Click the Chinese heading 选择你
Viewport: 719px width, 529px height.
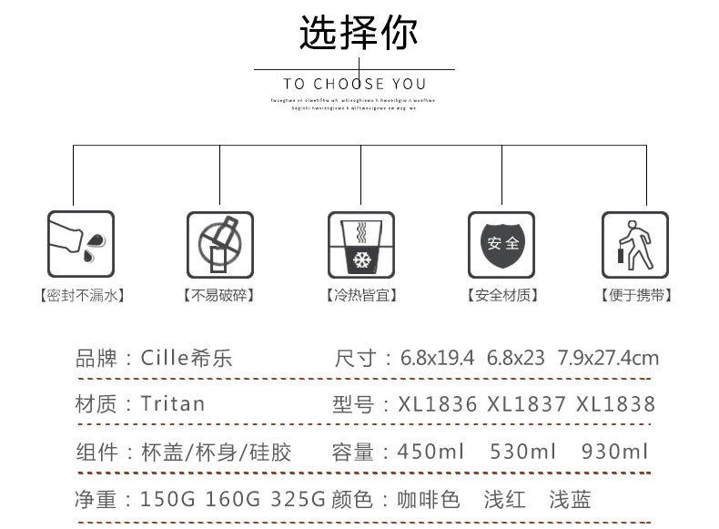[359, 33]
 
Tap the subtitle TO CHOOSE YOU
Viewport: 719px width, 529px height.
[355, 84]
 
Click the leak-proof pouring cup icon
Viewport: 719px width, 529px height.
[80, 245]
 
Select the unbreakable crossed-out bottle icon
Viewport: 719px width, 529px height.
[220, 245]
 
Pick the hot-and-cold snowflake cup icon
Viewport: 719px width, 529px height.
[361, 245]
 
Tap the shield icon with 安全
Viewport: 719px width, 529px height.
[501, 245]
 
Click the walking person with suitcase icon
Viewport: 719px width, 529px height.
[635, 245]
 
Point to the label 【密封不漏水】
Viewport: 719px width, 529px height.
[81, 295]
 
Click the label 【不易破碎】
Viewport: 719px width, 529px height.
[218, 295]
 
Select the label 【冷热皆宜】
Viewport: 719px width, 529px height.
[361, 295]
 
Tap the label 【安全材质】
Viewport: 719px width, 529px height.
[501, 295]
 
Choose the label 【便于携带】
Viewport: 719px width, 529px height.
[635, 295]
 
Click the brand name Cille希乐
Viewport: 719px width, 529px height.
[187, 358]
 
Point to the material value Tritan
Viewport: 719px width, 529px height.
[173, 403]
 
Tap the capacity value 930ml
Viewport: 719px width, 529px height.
[614, 452]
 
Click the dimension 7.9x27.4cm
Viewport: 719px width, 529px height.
[608, 358]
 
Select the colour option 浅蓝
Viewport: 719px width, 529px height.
[570, 500]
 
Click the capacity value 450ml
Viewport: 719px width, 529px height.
[431, 452]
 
